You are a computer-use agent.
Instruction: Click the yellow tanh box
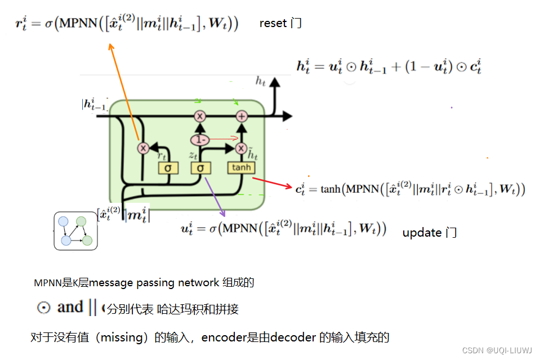pyautogui.click(x=241, y=168)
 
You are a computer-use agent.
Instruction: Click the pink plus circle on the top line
pyautogui.click(x=242, y=116)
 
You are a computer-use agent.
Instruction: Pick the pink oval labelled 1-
pyautogui.click(x=199, y=139)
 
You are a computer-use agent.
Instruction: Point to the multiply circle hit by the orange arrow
pyautogui.click(x=143, y=148)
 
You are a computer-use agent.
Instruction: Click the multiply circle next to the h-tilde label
pyautogui.click(x=242, y=148)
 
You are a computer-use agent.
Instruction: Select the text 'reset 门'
pyautogui.click(x=280, y=24)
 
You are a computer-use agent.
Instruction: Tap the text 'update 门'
pyautogui.click(x=429, y=233)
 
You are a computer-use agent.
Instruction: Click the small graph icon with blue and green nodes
pyautogui.click(x=76, y=231)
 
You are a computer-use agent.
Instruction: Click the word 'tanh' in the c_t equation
pyautogui.click(x=331, y=189)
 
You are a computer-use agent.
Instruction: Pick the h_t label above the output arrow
pyautogui.click(x=260, y=81)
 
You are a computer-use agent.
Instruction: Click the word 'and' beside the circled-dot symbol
pyautogui.click(x=70, y=308)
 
